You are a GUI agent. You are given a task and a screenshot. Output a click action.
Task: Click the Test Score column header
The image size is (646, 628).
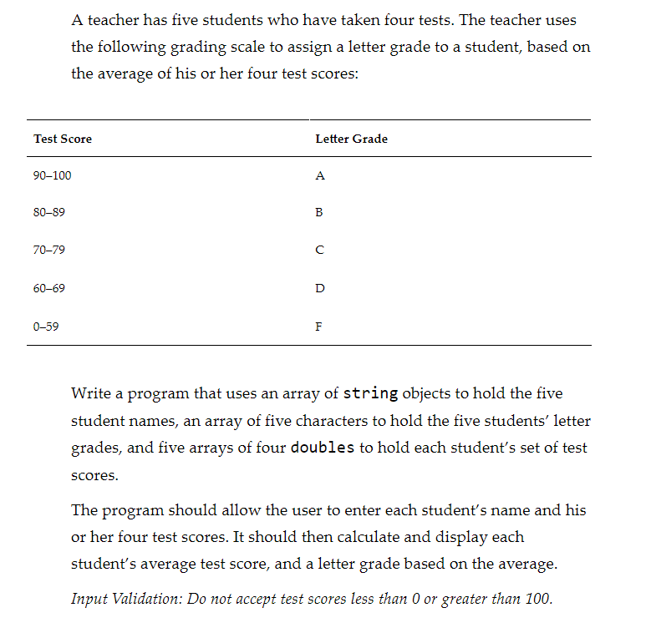(63, 139)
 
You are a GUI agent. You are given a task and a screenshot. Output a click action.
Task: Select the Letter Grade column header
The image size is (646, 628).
(351, 139)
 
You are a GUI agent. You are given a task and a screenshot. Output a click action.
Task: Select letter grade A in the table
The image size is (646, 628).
(320, 176)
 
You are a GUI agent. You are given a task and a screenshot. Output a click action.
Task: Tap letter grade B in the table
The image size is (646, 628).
(319, 213)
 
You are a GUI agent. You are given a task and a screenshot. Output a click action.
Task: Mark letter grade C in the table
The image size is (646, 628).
(319, 251)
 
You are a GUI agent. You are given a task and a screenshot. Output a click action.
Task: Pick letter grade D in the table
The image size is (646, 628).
(320, 288)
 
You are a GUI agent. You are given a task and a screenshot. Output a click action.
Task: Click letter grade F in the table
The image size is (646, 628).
(318, 327)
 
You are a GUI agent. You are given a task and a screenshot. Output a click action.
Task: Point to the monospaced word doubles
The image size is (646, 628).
(323, 448)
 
